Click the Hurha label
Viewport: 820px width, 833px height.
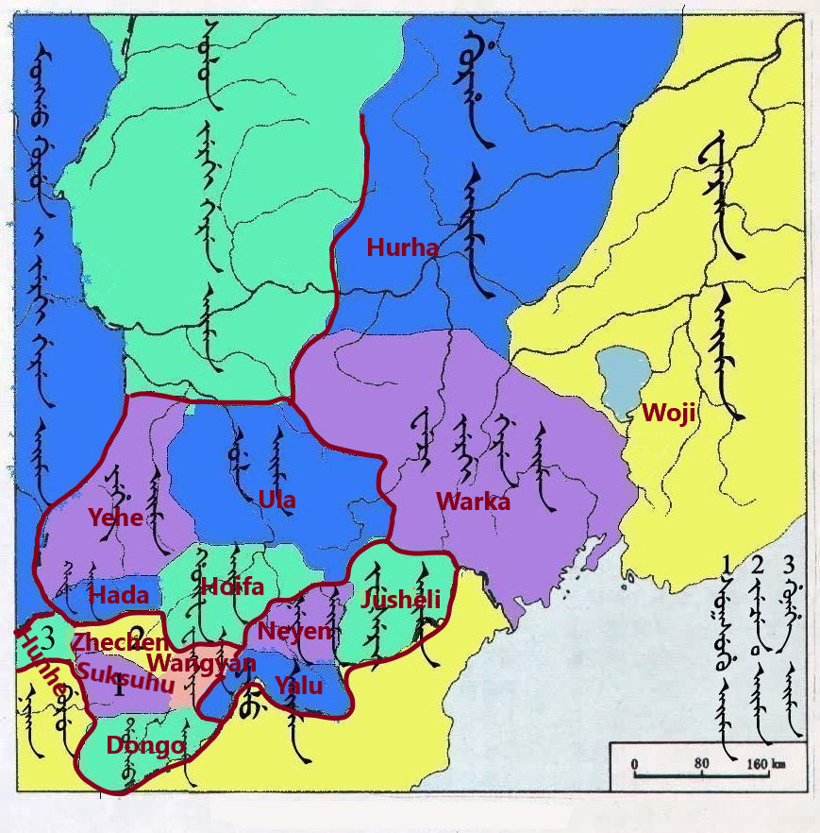click(x=402, y=248)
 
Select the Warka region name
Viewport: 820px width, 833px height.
click(x=473, y=501)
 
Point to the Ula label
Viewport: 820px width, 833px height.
click(x=276, y=500)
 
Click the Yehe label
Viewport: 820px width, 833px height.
click(x=115, y=517)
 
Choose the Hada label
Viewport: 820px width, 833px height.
click(x=119, y=595)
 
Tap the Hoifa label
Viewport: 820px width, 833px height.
click(x=232, y=586)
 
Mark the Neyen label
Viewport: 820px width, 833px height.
click(x=295, y=631)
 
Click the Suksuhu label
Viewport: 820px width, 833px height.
click(x=125, y=678)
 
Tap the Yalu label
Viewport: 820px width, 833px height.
click(x=299, y=686)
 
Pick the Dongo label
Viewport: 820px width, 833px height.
click(x=145, y=745)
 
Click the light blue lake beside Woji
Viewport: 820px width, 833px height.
click(x=621, y=382)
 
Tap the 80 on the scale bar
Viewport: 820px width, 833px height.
click(x=700, y=763)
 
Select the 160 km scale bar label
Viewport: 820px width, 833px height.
click(x=765, y=763)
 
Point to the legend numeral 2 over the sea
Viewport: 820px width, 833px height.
click(x=758, y=566)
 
